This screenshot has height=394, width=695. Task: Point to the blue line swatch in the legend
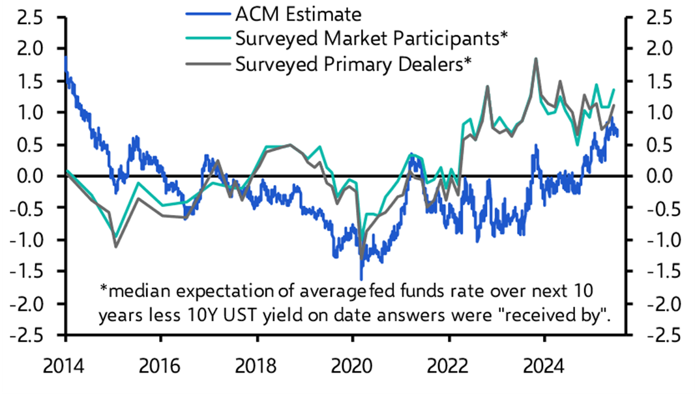207,13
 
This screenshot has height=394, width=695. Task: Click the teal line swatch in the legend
207,38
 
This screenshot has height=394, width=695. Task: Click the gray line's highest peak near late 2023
536,59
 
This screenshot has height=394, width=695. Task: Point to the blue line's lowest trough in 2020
361,279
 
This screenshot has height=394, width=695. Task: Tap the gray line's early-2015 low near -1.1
115,247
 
